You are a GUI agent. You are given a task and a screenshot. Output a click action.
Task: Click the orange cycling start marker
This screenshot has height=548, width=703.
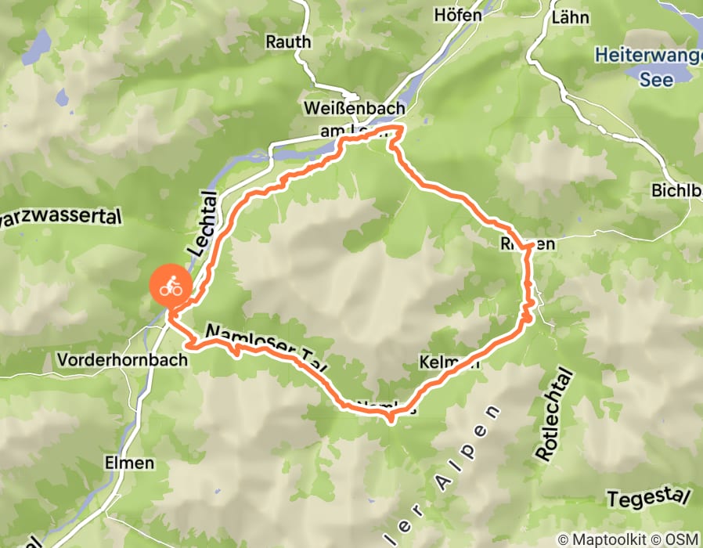171,287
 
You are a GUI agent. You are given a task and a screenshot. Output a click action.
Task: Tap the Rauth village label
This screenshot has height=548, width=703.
288,41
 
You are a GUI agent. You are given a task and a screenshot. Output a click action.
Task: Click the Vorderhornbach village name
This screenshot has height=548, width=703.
123,360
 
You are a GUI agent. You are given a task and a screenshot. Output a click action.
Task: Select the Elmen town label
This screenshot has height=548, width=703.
129,463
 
